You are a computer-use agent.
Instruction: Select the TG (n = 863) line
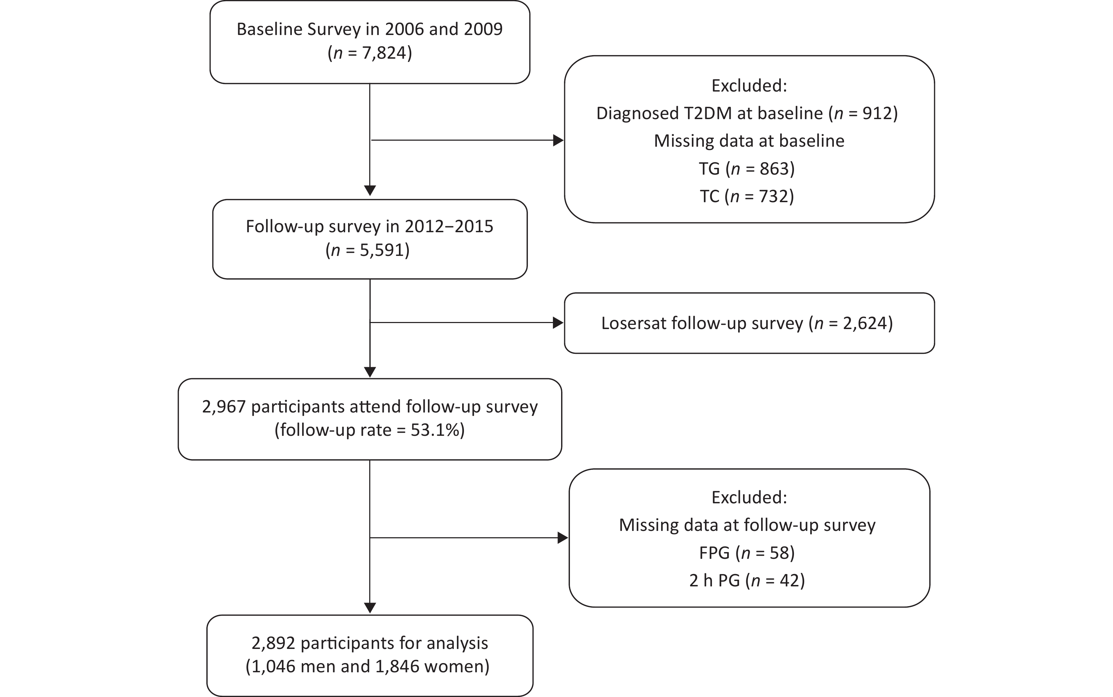(747, 169)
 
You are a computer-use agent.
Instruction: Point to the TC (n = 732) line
(747, 197)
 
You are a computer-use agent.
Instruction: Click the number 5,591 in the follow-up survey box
(381, 250)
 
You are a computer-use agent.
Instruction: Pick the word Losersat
(634, 323)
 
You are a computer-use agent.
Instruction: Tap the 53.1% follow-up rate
(435, 430)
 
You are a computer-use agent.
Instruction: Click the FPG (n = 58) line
(747, 553)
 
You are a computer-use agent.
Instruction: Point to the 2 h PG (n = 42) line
(747, 580)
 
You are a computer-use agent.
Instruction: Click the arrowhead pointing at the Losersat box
(558, 323)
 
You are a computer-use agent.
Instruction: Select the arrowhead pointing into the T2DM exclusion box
(558, 140)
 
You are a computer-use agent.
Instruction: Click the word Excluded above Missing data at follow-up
(749, 497)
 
